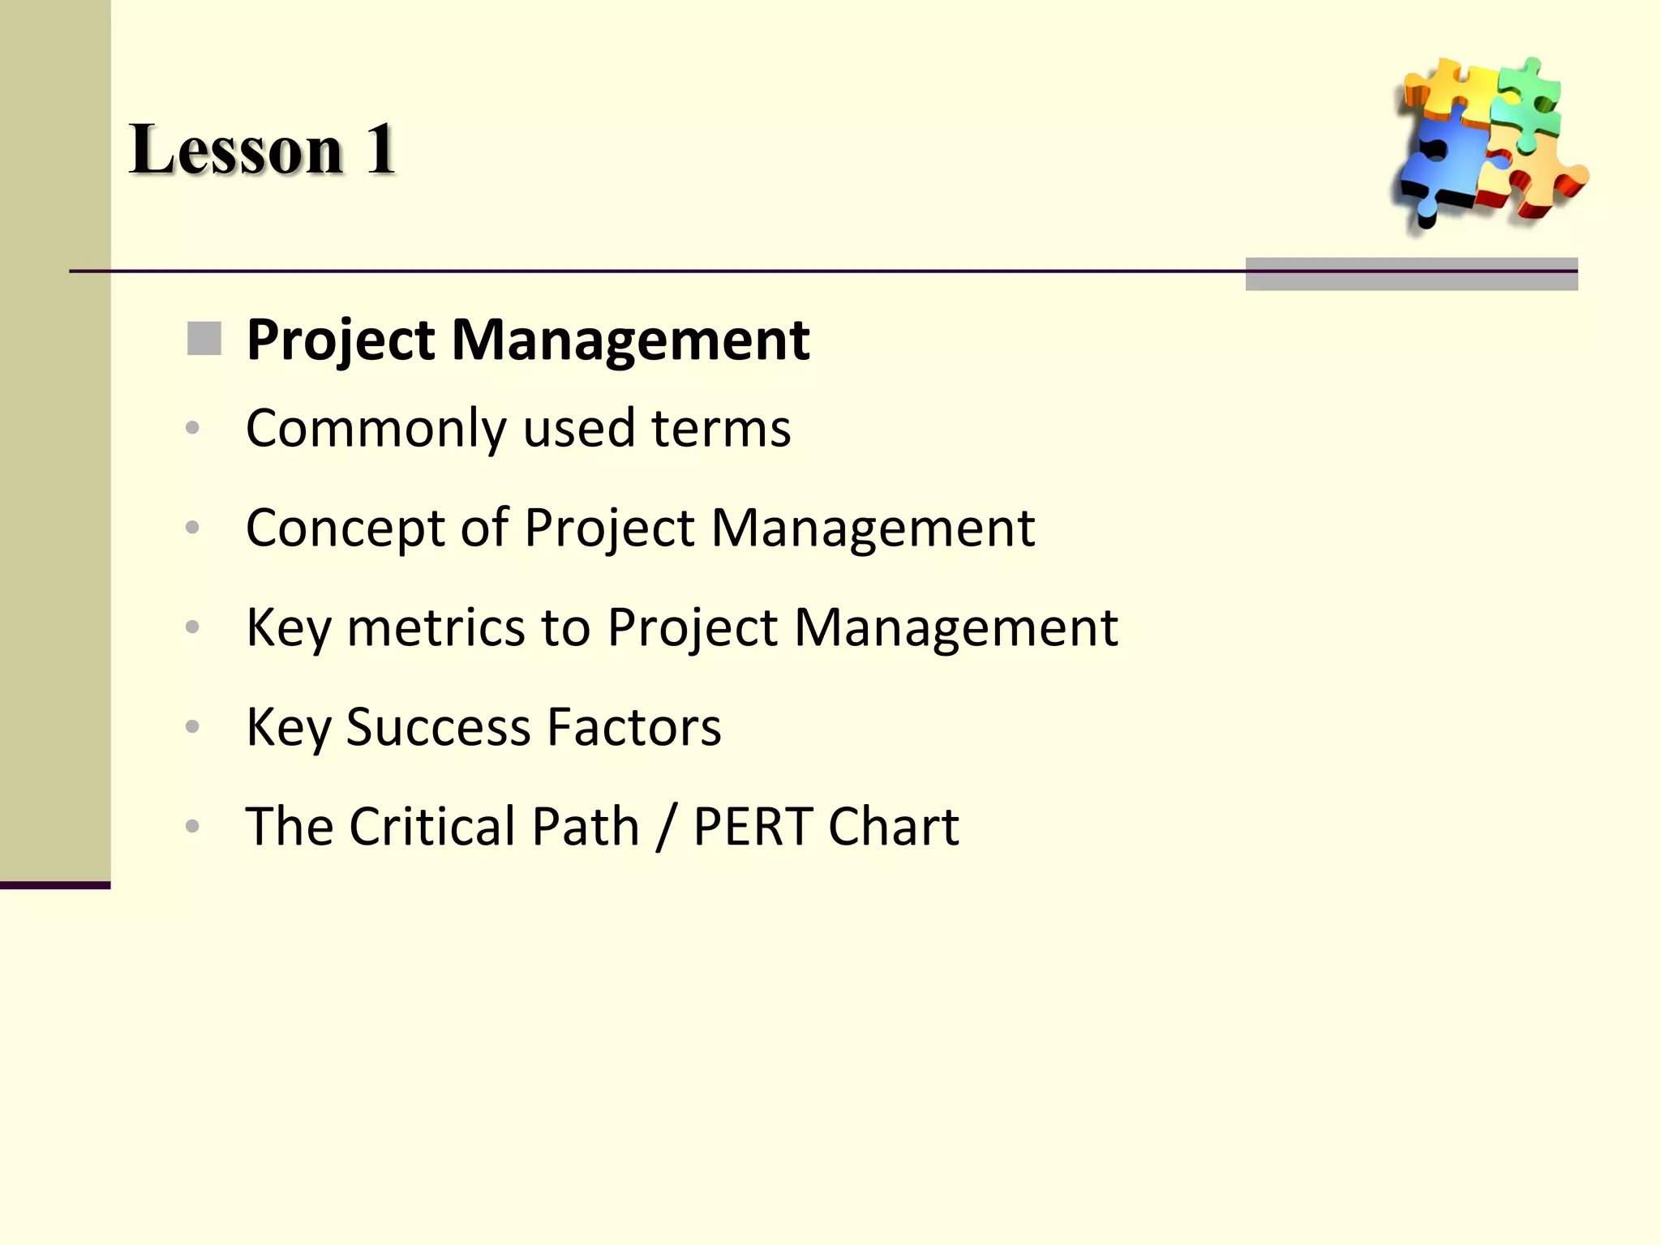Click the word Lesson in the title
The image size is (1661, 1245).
[x=236, y=150]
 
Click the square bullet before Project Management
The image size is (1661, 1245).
[x=204, y=339]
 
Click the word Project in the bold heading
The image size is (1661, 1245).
[x=341, y=340]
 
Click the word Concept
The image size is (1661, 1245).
[x=345, y=528]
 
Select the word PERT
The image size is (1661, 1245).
[x=753, y=827]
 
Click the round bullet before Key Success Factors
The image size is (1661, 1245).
[x=192, y=726]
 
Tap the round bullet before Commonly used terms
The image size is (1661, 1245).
[x=192, y=428]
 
